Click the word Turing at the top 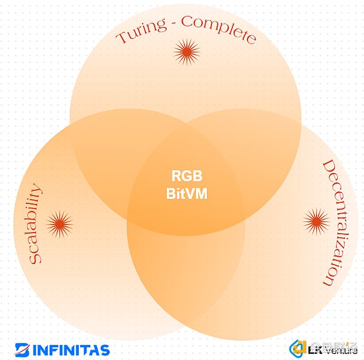142,33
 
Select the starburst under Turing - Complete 187,53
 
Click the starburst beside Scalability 59,223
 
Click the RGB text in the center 185,177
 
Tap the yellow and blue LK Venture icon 298,348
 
